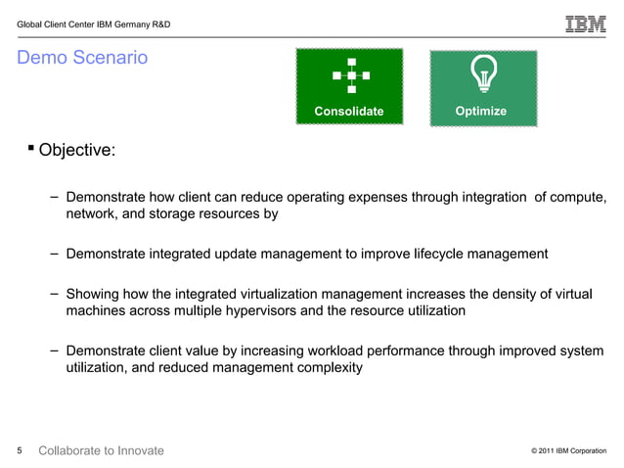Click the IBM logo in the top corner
585,23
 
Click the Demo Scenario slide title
82,59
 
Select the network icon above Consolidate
349,74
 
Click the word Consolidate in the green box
349,112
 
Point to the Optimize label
481,112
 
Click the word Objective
75,152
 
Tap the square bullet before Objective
30,149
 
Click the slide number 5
20,450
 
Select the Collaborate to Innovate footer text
101,450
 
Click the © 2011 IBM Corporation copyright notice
568,451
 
